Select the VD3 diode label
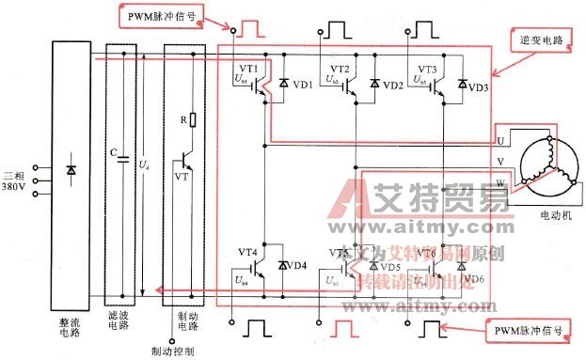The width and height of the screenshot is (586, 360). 478,86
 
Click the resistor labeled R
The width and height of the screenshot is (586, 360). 192,119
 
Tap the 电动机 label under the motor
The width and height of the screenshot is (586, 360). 549,215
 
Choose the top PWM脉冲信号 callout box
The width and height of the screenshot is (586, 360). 162,16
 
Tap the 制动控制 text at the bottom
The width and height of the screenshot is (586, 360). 172,352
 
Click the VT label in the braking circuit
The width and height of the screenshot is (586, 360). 181,176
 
